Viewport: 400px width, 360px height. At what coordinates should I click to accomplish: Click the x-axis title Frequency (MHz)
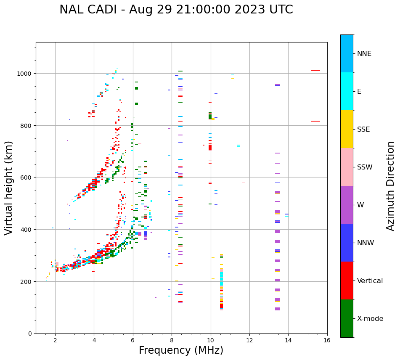coord(181,350)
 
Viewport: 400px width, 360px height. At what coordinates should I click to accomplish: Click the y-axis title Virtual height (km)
coord(9,188)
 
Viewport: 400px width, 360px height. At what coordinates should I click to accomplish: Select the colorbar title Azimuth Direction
coord(391,186)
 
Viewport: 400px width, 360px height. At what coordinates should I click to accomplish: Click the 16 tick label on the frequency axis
coord(327,341)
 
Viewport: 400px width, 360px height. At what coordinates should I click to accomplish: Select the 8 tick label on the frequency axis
coord(172,341)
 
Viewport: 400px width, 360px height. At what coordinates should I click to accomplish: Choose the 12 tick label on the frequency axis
coord(249,341)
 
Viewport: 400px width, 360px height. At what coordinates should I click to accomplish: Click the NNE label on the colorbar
coord(364,53)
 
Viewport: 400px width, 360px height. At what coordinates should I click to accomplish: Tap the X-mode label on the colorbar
coord(370,319)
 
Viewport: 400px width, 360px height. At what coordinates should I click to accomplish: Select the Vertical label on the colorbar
coord(370,281)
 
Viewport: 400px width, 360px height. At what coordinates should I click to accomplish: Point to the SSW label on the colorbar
coord(365,167)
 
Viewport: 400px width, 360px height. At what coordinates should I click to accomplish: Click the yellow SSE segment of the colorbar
coord(347,129)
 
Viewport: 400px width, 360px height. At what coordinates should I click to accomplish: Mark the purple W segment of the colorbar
coord(347,205)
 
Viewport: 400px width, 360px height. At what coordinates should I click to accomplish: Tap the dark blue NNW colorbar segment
coord(347,243)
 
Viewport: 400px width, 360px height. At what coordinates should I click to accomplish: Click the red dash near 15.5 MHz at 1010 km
coord(315,70)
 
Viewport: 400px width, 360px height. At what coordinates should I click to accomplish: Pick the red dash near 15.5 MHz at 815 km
coord(315,121)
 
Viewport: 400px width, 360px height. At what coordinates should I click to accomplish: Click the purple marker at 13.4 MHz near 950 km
coord(278,85)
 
